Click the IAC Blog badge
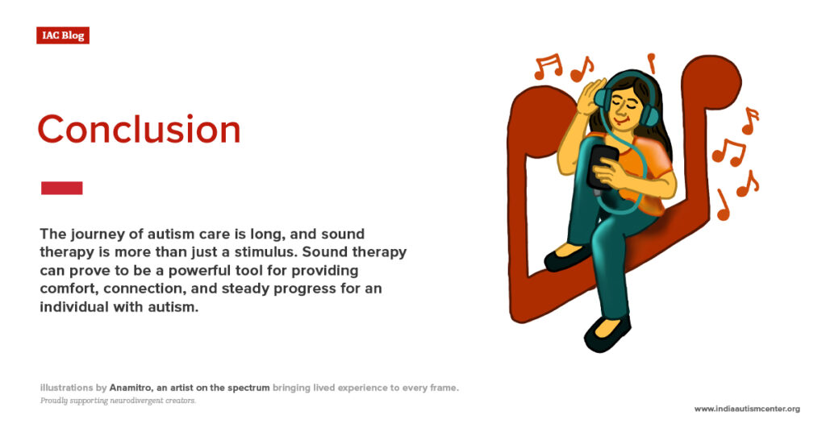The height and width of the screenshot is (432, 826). [63, 35]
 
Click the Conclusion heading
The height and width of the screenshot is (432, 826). [139, 130]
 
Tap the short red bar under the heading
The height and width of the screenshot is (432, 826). [62, 188]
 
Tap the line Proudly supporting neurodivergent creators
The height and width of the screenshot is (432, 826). [118, 401]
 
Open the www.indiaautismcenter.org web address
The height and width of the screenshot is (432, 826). [747, 409]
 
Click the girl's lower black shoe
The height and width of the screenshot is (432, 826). [607, 333]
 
